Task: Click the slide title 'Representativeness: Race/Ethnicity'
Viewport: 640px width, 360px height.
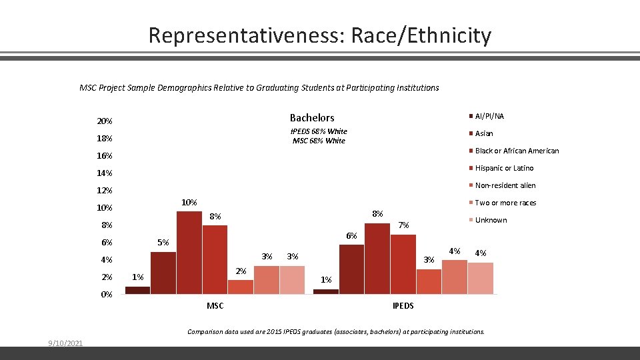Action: (319, 35)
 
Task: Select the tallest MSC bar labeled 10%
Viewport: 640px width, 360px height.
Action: (189, 252)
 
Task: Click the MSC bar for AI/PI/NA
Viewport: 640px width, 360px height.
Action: (138, 290)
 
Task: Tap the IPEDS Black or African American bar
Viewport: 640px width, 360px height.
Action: (377, 258)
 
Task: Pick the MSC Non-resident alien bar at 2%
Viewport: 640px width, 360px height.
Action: (241, 287)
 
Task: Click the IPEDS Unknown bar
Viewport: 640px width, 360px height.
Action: (480, 278)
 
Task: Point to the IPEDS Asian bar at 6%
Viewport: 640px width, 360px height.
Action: (352, 269)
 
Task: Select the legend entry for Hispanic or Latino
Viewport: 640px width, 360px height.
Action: (504, 168)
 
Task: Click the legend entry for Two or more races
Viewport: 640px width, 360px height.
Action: (505, 203)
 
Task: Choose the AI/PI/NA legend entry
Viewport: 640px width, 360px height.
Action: (489, 116)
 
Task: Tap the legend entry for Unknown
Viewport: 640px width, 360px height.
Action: (491, 220)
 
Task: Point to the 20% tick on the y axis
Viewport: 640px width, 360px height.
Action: (105, 121)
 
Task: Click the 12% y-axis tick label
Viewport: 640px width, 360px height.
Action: (105, 191)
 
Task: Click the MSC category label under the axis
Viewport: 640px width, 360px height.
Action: (215, 306)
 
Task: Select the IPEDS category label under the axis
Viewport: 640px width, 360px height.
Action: (403, 306)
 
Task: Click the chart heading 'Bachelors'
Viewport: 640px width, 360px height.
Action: (312, 118)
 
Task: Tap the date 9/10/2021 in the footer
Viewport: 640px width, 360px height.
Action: (65, 343)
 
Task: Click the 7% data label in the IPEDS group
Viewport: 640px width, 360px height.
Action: (403, 225)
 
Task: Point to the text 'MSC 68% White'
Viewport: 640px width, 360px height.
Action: (319, 141)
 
